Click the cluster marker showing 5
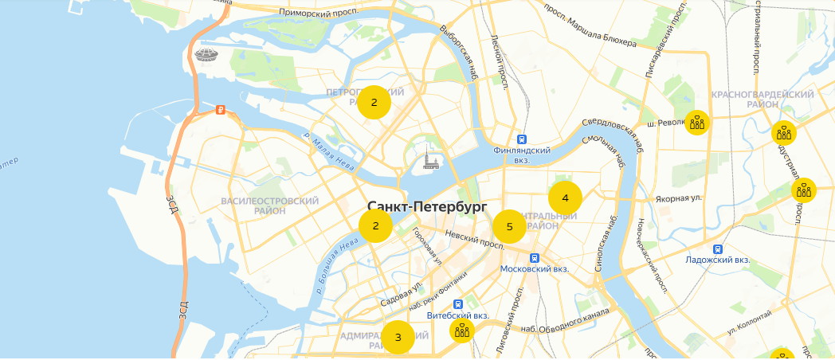(509, 227)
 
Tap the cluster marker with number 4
(565, 198)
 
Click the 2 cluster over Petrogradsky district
(374, 103)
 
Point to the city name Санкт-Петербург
(427, 206)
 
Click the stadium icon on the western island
(205, 55)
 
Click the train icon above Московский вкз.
(535, 258)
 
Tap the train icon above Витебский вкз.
(458, 304)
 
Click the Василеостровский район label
(269, 205)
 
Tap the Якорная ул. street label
(677, 198)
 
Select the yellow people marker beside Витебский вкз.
(462, 331)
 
